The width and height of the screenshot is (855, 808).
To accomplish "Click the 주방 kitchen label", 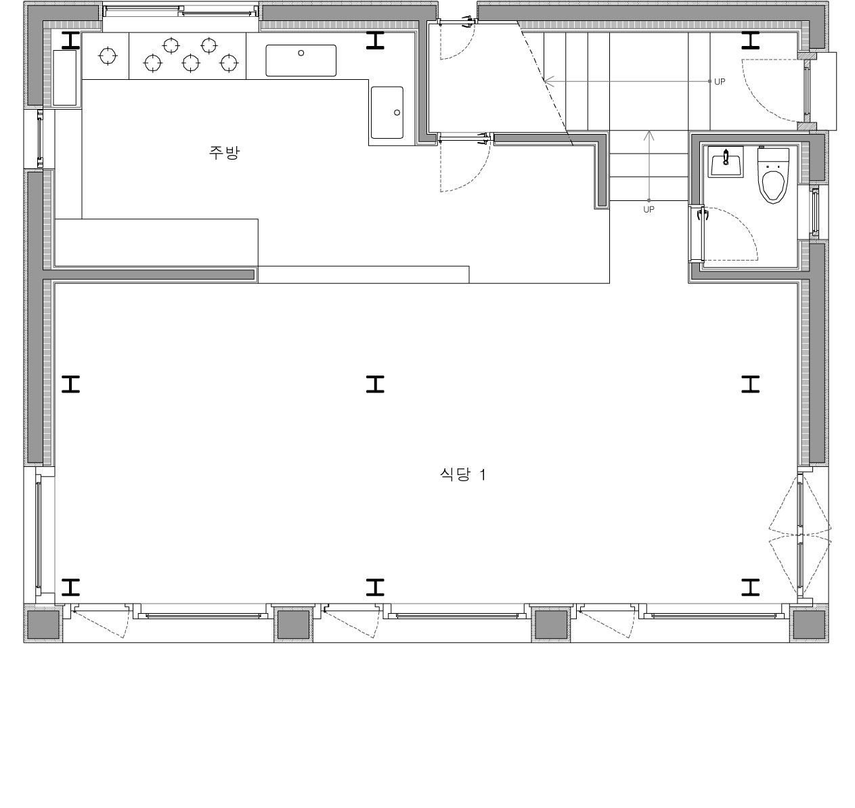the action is [x=224, y=152].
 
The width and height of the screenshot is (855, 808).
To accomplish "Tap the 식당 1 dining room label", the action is [x=463, y=474].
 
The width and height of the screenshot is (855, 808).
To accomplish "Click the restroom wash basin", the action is [x=726, y=162].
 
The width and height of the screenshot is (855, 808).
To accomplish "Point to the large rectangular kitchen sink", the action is [x=301, y=60].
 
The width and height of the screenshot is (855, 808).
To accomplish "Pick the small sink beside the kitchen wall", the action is [x=387, y=112].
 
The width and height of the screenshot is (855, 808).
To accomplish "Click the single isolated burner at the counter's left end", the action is [x=108, y=55].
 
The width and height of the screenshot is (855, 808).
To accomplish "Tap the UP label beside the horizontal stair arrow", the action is [x=720, y=82].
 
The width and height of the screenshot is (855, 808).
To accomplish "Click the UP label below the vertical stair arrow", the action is [x=649, y=210].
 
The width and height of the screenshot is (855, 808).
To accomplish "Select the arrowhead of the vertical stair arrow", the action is [x=649, y=135].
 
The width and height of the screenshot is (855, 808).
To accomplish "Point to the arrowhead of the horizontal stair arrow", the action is [x=549, y=81].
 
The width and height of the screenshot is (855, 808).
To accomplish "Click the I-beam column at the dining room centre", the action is [x=375, y=384].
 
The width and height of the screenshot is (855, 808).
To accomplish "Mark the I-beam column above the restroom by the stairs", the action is [x=750, y=41].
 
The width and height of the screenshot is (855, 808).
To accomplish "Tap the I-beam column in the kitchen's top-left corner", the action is [x=71, y=41].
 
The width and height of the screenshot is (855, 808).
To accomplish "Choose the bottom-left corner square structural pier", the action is [x=43, y=624].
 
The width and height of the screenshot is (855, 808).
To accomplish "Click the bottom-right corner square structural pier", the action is [x=810, y=624].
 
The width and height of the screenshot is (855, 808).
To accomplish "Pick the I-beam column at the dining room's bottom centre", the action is [x=375, y=587].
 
